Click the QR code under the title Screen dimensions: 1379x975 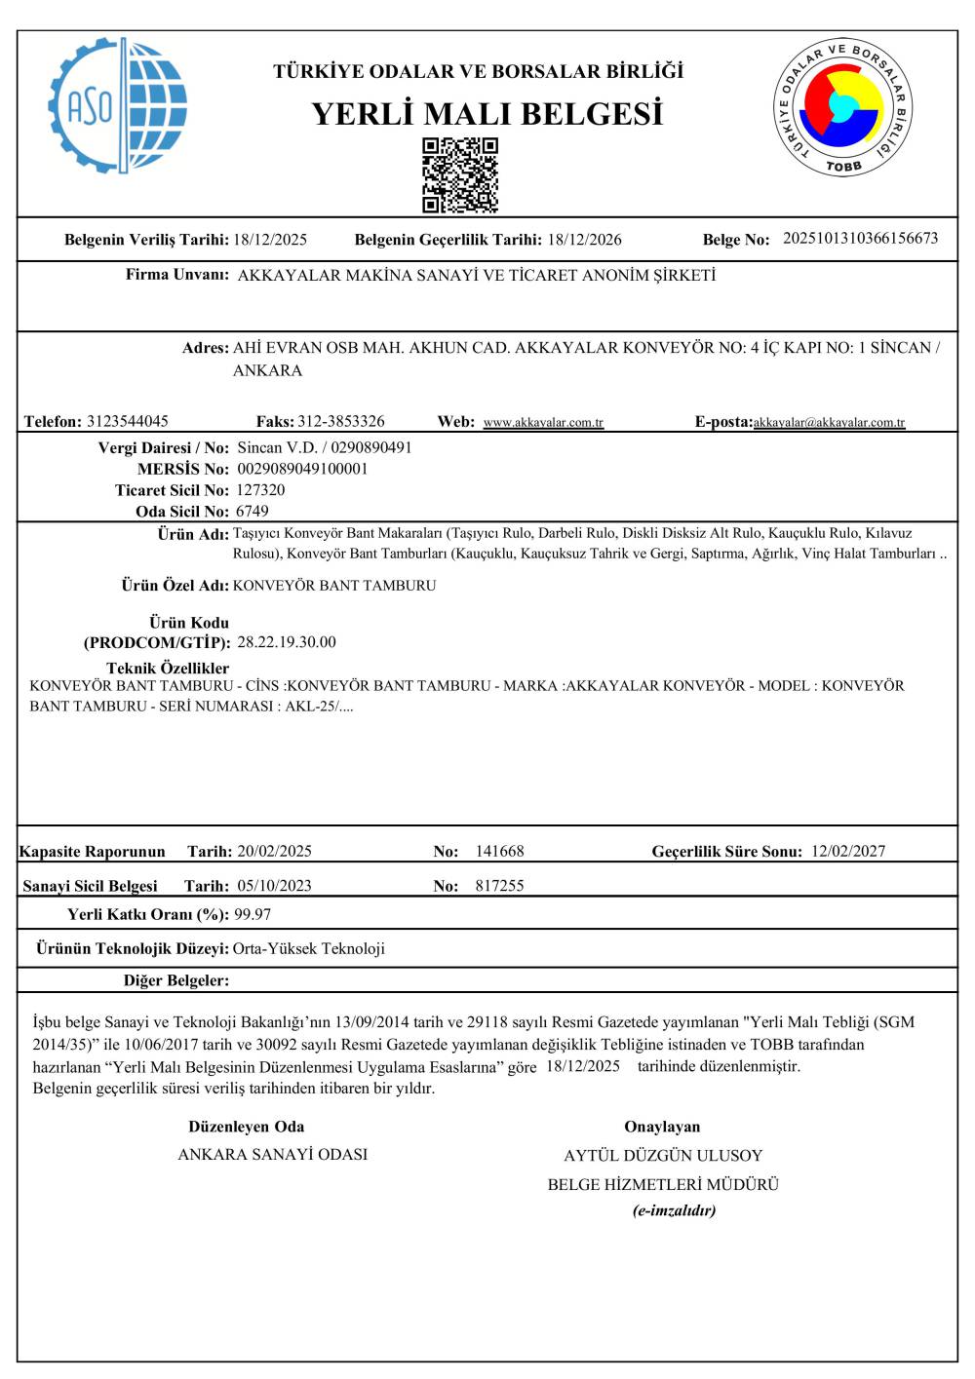pyautogui.click(x=460, y=175)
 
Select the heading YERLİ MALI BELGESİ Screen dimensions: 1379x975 pyautogui.click(x=487, y=114)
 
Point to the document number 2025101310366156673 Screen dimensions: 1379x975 pyautogui.click(x=860, y=238)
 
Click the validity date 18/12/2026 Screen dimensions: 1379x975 pyautogui.click(x=584, y=240)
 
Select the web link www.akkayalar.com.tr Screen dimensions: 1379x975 pyautogui.click(x=543, y=423)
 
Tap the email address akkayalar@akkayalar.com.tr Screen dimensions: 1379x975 pyautogui.click(x=829, y=423)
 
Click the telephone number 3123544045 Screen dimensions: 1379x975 pyautogui.click(x=127, y=421)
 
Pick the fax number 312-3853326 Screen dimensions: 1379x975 pyautogui.click(x=340, y=421)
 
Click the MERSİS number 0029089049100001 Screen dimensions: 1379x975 pyautogui.click(x=302, y=469)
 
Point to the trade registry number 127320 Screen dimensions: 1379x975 pyautogui.click(x=260, y=490)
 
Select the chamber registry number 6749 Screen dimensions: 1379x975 pyautogui.click(x=253, y=512)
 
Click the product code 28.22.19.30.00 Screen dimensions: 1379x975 pyautogui.click(x=287, y=642)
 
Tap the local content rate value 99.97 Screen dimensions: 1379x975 pyautogui.click(x=253, y=914)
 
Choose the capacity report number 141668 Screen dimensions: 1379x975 pyautogui.click(x=499, y=851)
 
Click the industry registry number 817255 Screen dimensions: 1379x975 pyautogui.click(x=499, y=886)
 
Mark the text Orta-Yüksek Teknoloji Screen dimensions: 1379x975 pyautogui.click(x=309, y=948)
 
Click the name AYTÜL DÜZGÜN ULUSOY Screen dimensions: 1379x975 pyautogui.click(x=663, y=1156)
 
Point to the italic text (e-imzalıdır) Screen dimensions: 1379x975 pyautogui.click(x=674, y=1210)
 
